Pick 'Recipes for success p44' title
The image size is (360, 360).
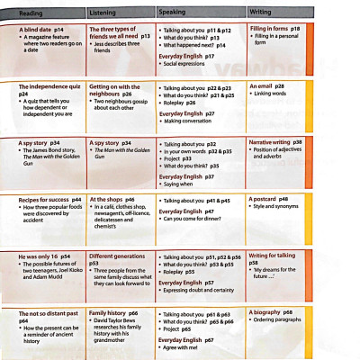[49, 199]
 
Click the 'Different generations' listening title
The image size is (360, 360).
[120, 256]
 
